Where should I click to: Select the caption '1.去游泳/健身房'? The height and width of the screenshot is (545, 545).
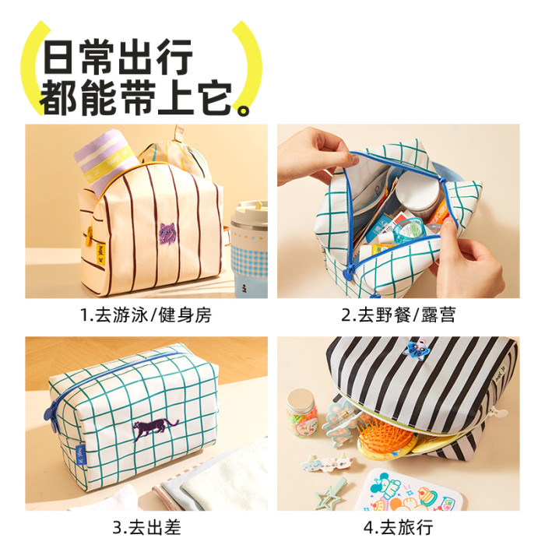pos(146,315)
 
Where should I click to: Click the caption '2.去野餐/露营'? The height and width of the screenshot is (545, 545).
pos(398,315)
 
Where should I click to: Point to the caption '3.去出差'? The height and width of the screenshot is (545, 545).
pos(146,527)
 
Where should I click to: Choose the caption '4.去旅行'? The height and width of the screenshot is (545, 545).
pos(399,527)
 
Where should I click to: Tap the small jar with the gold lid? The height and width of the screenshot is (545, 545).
pos(302,413)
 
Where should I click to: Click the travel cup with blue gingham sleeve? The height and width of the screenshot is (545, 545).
pos(249,249)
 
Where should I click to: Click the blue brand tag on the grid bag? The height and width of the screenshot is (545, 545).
pos(81,455)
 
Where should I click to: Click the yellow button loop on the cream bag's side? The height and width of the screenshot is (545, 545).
pos(90,232)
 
